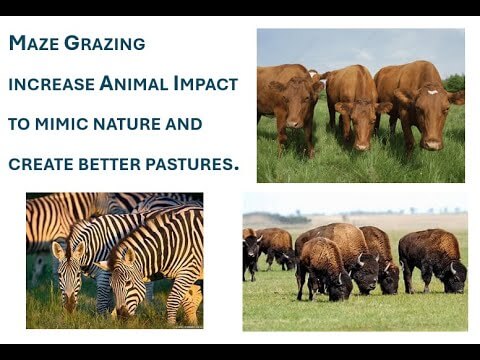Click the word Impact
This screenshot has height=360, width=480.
[206, 84]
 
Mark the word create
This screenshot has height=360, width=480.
[38, 163]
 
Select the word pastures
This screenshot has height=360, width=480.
[192, 163]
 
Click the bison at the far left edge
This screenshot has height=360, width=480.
[249, 258]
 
